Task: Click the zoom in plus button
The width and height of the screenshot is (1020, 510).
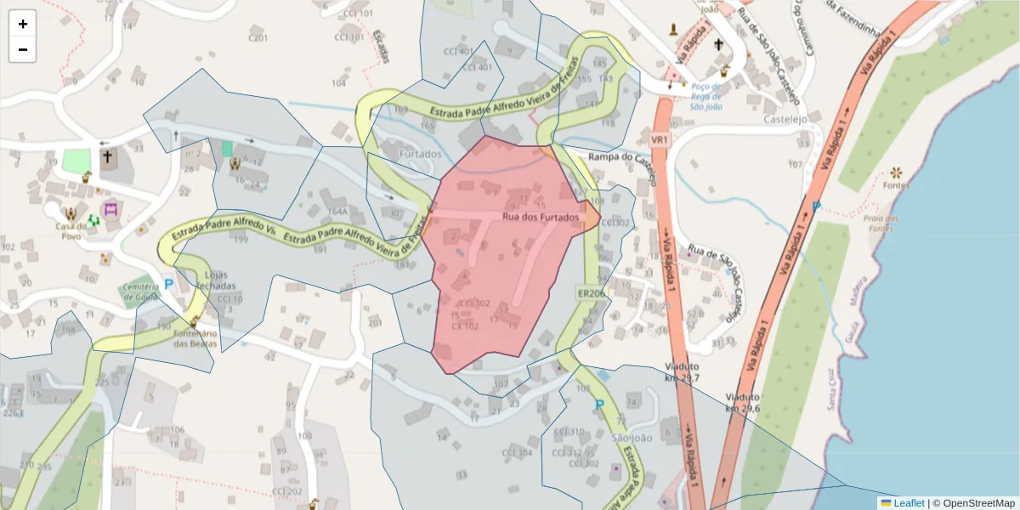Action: click(23, 25)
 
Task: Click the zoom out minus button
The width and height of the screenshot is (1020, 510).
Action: click(23, 49)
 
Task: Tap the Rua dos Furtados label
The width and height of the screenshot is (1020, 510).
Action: click(540, 218)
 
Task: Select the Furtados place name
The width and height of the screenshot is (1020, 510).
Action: click(420, 155)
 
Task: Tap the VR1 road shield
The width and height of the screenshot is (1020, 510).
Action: click(660, 139)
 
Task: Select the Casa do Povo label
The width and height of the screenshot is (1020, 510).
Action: click(72, 231)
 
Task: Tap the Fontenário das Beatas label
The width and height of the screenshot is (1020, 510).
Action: click(195, 338)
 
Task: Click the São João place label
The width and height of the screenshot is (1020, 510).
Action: click(631, 437)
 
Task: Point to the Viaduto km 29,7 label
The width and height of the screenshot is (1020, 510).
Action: click(683, 371)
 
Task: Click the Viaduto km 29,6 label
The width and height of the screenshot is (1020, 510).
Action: click(742, 402)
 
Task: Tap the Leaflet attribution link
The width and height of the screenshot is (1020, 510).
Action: click(908, 502)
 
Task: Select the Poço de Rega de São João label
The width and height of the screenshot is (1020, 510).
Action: click(706, 96)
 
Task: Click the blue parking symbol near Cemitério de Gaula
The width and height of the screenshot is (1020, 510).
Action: click(168, 284)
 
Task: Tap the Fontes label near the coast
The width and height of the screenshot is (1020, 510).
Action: click(896, 185)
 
